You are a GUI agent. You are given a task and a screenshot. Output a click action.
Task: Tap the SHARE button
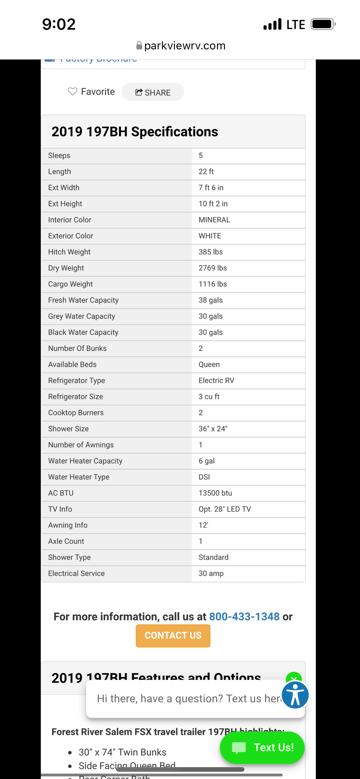[153, 92]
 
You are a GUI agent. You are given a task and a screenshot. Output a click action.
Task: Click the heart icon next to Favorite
[73, 91]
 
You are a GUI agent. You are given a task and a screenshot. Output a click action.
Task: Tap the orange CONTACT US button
[173, 635]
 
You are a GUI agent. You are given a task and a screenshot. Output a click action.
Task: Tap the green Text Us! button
[262, 747]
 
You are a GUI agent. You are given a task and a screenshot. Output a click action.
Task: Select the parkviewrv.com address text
[184, 46]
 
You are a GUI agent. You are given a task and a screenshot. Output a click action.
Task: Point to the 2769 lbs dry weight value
[213, 268]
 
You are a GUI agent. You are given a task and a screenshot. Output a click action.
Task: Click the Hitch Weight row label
[69, 252]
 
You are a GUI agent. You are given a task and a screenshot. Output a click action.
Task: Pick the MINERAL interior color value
[214, 220]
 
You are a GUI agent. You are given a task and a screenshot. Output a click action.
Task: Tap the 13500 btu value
[215, 493]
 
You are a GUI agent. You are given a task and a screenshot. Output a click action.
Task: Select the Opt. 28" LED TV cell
[224, 509]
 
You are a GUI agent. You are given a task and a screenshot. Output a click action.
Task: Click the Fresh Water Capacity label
[83, 300]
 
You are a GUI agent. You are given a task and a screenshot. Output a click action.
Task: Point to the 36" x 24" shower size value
[213, 429]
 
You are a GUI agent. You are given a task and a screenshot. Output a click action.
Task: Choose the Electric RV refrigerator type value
[216, 381]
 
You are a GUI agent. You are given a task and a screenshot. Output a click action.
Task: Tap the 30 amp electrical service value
[211, 573]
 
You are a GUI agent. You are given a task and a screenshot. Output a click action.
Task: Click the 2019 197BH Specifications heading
[135, 132]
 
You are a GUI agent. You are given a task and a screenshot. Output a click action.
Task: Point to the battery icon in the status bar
[323, 24]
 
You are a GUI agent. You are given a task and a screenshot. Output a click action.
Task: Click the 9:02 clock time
[59, 24]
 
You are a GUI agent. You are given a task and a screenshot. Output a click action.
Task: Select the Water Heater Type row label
[79, 477]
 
